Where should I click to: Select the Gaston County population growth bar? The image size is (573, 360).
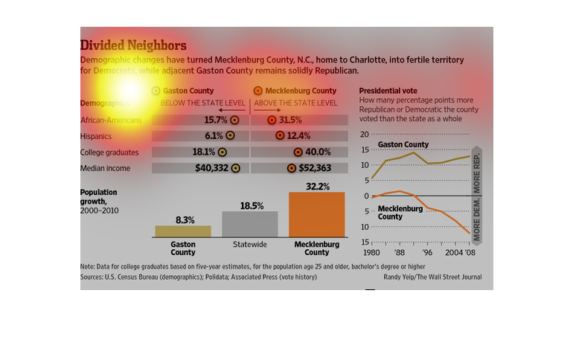point(173,231)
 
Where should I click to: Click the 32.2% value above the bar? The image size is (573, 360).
point(316,186)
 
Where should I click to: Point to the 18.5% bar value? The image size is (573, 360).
point(251,205)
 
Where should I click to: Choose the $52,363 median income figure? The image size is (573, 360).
point(315,167)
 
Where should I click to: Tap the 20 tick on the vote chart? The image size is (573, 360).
point(365,135)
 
